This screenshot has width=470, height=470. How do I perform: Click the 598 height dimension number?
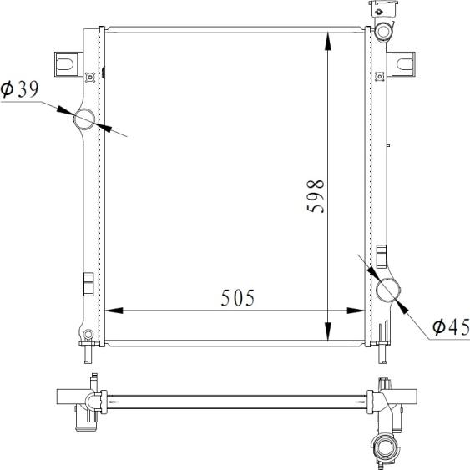316,196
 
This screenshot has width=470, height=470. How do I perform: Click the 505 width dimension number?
238,298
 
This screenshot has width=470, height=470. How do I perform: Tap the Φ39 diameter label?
20,89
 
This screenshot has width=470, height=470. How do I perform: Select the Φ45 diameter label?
451,326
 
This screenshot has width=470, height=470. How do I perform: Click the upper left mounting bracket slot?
65,64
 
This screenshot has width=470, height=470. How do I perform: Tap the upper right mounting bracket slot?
405,63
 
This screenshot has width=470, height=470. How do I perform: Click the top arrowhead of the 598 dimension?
329,41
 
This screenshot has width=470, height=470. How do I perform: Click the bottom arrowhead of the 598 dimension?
329,331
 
